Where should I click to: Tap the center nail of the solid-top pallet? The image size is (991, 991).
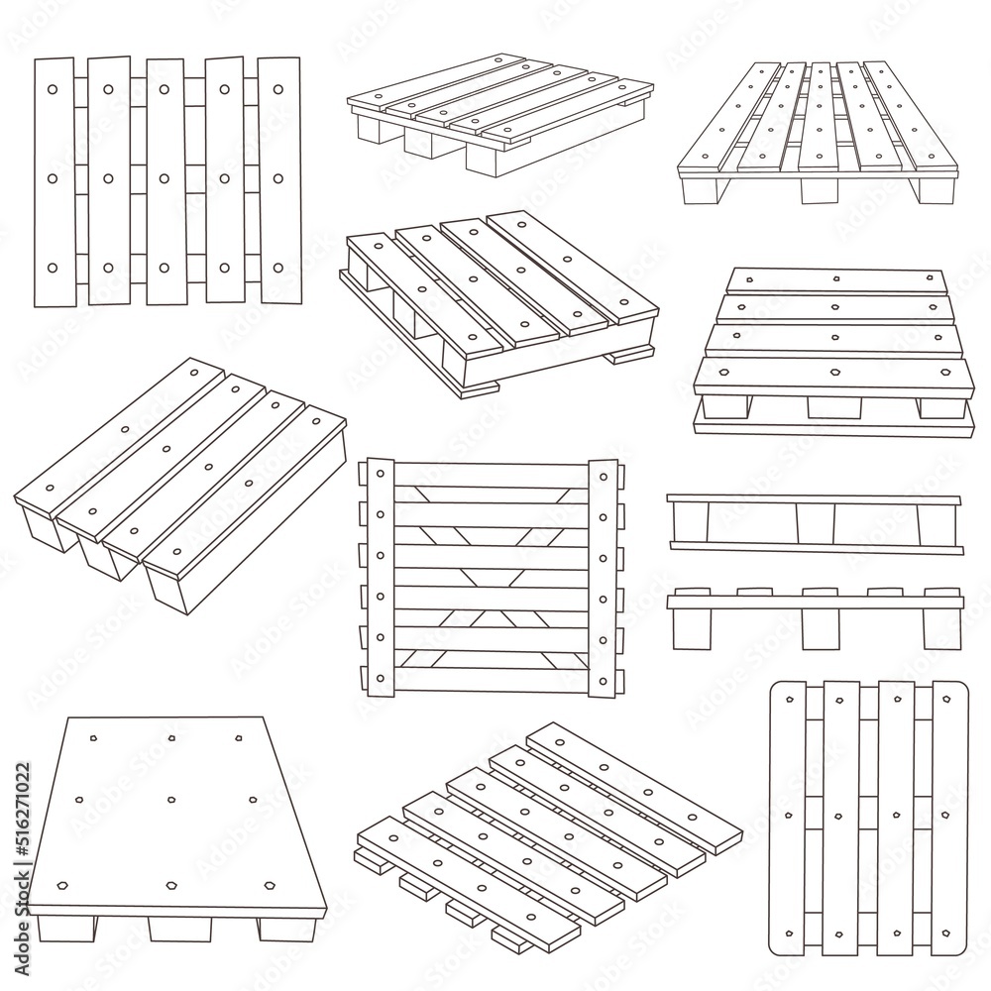point(172,799)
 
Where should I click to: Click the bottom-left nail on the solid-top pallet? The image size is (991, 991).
point(63,884)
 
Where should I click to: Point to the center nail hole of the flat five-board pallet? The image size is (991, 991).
point(165,179)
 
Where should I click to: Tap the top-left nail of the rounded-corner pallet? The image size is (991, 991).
point(790,700)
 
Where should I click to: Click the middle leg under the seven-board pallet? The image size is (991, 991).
point(819,190)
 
